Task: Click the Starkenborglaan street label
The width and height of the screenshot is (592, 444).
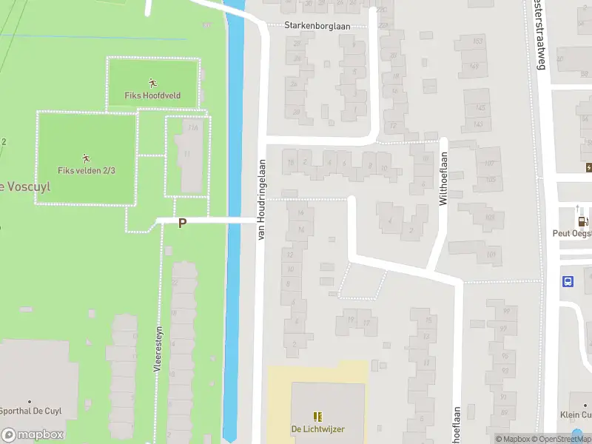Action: coord(327,25)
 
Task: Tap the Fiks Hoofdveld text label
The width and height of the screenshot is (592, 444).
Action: coord(152,95)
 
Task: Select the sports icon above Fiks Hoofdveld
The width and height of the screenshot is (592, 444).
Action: coord(152,83)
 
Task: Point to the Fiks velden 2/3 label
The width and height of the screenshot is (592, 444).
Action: coord(87,171)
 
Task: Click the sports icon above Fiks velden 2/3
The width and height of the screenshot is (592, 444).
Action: coord(87,158)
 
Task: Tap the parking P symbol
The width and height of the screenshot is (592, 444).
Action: coord(181,223)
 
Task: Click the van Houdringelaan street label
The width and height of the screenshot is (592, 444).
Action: coord(261,198)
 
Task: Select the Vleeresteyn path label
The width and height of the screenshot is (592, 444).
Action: coord(158,348)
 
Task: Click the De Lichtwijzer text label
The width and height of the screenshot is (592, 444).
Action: coord(317,429)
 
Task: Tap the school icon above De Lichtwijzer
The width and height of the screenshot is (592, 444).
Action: coord(317,417)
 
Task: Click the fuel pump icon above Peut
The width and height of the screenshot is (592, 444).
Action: coord(583,221)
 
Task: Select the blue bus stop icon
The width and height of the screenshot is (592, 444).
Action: coord(568,281)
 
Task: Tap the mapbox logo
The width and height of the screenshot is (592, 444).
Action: coord(33,435)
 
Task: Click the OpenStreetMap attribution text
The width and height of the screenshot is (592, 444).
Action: coord(564,439)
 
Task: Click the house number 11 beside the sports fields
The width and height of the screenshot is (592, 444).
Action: coord(188,154)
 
